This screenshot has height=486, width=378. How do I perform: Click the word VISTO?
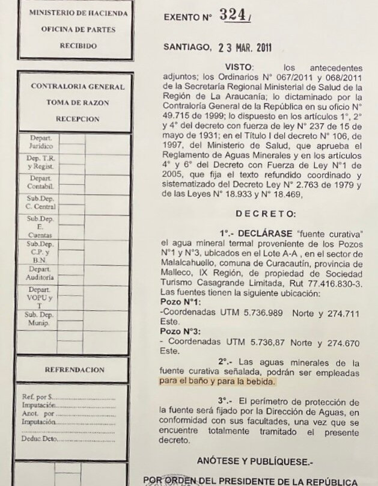[239, 66]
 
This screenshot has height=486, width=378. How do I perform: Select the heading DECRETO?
[265, 214]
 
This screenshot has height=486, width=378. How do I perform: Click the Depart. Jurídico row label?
[41, 142]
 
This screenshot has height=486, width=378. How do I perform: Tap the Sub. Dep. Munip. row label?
[40, 319]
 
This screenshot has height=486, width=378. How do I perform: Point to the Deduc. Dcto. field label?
[40, 439]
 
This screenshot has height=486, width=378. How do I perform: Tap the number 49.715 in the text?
[178, 114]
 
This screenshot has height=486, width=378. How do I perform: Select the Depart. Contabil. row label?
[41, 182]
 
